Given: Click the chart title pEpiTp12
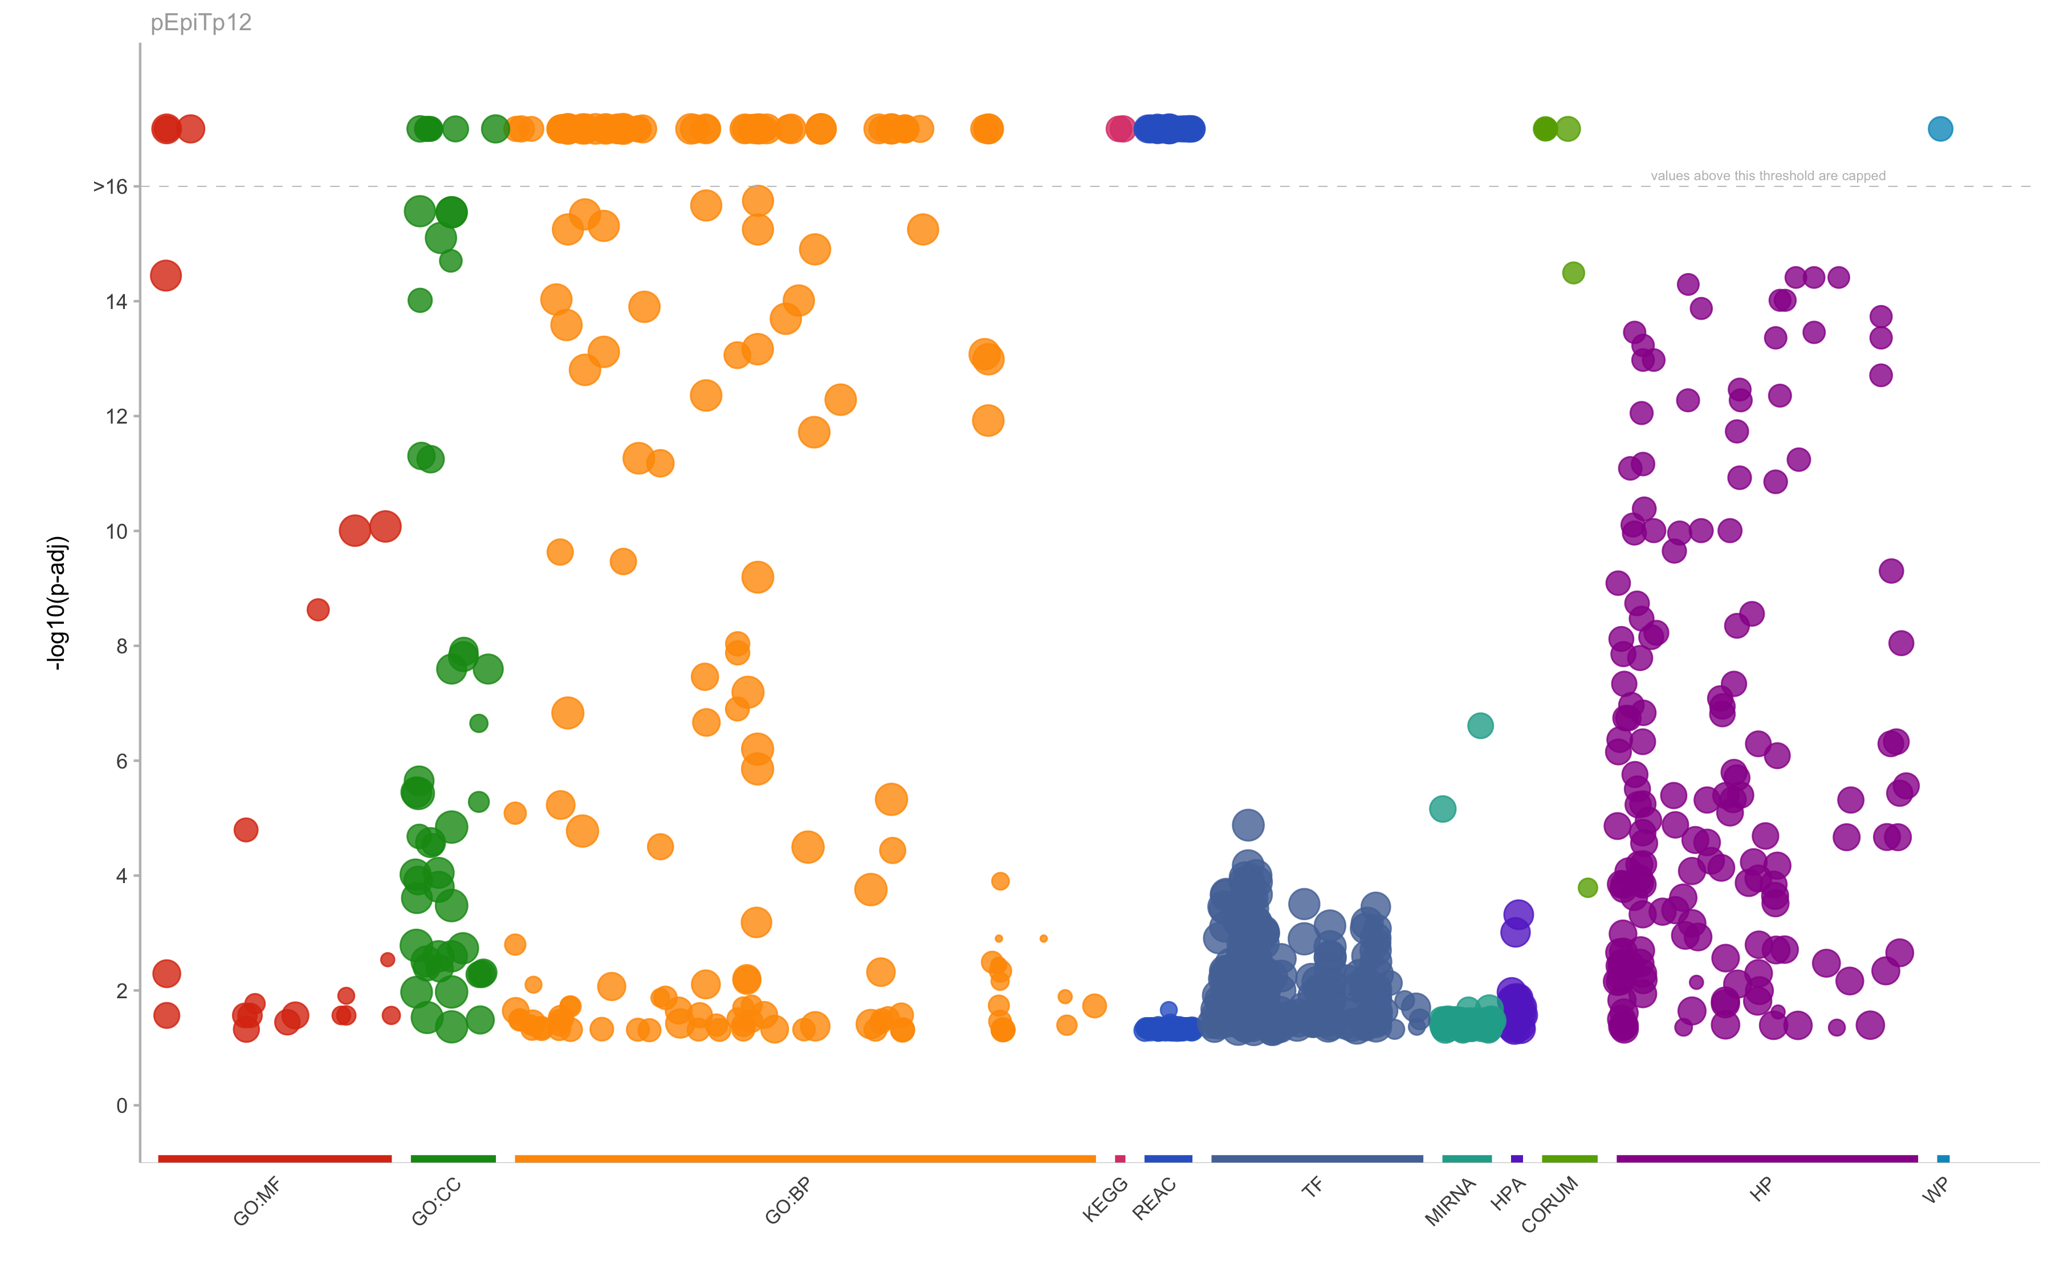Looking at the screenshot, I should [201, 23].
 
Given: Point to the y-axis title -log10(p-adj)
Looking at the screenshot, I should [57, 603].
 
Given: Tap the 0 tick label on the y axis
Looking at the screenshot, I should [121, 1105].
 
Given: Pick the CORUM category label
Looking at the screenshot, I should [1549, 1203].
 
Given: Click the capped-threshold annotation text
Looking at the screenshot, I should [1768, 176].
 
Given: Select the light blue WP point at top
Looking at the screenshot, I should [1940, 129].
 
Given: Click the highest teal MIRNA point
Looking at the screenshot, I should [1480, 726].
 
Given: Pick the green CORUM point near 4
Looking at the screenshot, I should [1587, 887].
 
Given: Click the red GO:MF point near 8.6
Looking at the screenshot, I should [318, 609].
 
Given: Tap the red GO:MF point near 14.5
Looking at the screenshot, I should [166, 275].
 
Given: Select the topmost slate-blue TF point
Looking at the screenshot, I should [1247, 824].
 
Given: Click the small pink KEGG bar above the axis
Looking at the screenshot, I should [1120, 1158].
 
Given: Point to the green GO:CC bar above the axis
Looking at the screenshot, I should [453, 1158].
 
